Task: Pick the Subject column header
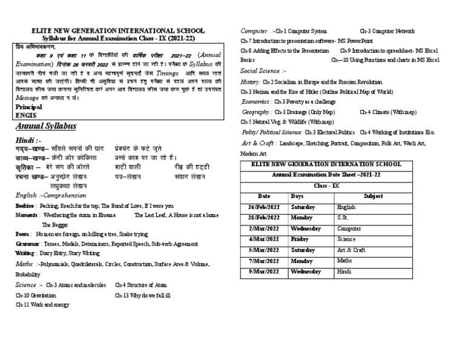[373, 196]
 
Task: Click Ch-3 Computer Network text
[387, 30]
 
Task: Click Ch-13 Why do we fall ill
[143, 296]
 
